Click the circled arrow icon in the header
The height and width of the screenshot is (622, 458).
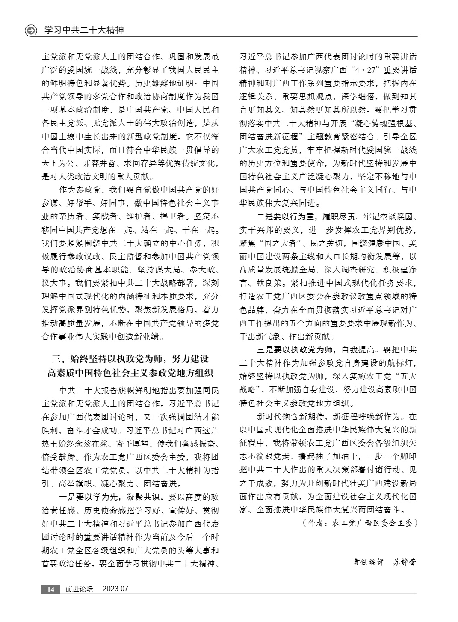[31, 31]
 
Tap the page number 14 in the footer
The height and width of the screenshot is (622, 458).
[50, 589]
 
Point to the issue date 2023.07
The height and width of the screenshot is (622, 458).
[115, 589]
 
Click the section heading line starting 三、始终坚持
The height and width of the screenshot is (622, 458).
[130, 358]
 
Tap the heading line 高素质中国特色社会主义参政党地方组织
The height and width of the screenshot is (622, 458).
[130, 372]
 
